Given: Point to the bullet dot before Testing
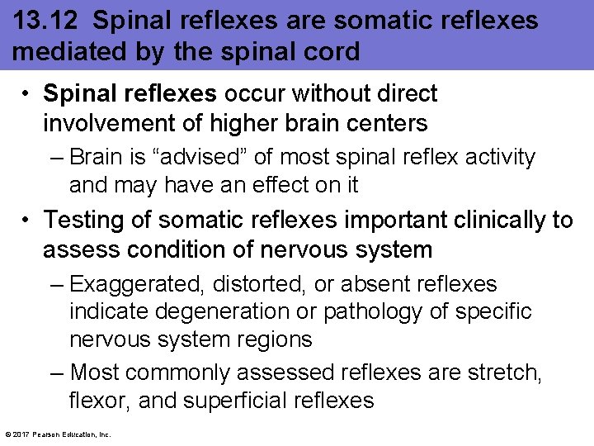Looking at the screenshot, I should tap(27, 220).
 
